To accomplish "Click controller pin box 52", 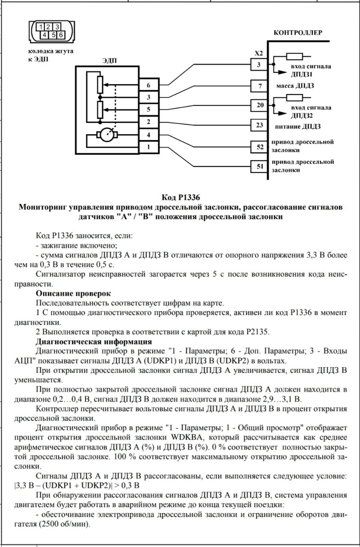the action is coord(260,147).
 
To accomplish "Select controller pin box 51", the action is coord(260,167).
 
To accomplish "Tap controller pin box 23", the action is coord(260,125).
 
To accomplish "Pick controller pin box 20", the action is coord(260,105).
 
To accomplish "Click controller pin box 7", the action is coord(260,86).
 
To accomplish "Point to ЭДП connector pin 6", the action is coord(149,85).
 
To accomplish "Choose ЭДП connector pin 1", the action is coord(149,147).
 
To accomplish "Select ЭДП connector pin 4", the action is coord(149,135).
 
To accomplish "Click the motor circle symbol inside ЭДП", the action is coord(107,135).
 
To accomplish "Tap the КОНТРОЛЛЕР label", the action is coord(298,33).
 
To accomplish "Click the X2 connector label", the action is coord(259,53).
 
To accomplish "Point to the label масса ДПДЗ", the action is coord(295,86).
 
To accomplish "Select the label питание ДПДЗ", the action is coord(298,126).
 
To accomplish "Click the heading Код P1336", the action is coord(181,197).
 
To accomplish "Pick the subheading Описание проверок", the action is coord(73,293).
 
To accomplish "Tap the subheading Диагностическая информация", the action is coord(94,341).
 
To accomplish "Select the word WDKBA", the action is coord(188,437).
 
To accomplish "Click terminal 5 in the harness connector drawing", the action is coord(53,35).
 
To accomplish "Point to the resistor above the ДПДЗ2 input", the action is coord(295,97).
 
